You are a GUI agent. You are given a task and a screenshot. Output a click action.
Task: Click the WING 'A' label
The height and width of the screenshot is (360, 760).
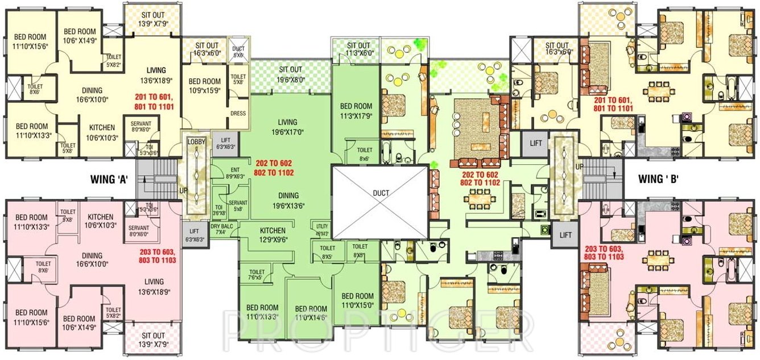click(110, 180)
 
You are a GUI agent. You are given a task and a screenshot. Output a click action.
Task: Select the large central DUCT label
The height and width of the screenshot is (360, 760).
click(381, 193)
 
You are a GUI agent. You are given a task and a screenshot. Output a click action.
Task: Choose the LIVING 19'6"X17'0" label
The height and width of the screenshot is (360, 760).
click(287, 127)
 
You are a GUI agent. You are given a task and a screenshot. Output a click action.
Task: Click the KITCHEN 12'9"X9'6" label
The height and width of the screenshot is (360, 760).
click(272, 235)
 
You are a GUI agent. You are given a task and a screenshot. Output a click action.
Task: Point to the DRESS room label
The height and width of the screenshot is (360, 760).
click(238, 113)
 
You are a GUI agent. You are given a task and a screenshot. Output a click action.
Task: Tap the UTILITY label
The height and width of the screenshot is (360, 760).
click(321, 230)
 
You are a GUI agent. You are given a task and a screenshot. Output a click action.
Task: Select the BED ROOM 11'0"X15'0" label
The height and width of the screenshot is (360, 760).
click(357, 300)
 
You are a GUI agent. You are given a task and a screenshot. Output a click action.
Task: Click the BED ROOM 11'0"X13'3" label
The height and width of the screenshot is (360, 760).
click(262, 312)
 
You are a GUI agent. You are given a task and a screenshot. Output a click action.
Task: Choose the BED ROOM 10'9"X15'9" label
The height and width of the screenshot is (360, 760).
click(205, 86)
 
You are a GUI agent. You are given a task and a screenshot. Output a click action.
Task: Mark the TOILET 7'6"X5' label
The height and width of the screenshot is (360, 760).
click(254, 275)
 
